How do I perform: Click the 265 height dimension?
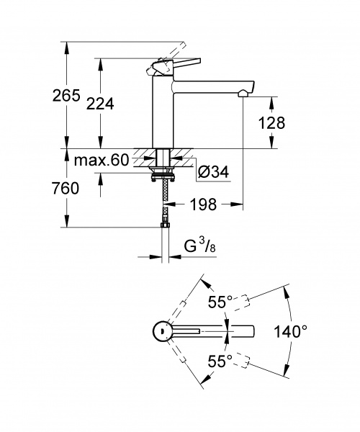pos(66,95)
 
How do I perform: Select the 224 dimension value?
pos(100,104)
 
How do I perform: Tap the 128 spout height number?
pos(271,123)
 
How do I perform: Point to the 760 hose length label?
pos(66,189)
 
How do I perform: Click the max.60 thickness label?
pos(102,160)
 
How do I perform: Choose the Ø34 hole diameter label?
pos(213,173)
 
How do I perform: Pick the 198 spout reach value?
pos(203,204)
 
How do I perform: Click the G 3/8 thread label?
pos(199,246)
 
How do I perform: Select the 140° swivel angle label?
pos(290,331)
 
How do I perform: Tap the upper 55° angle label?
pos(220,302)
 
